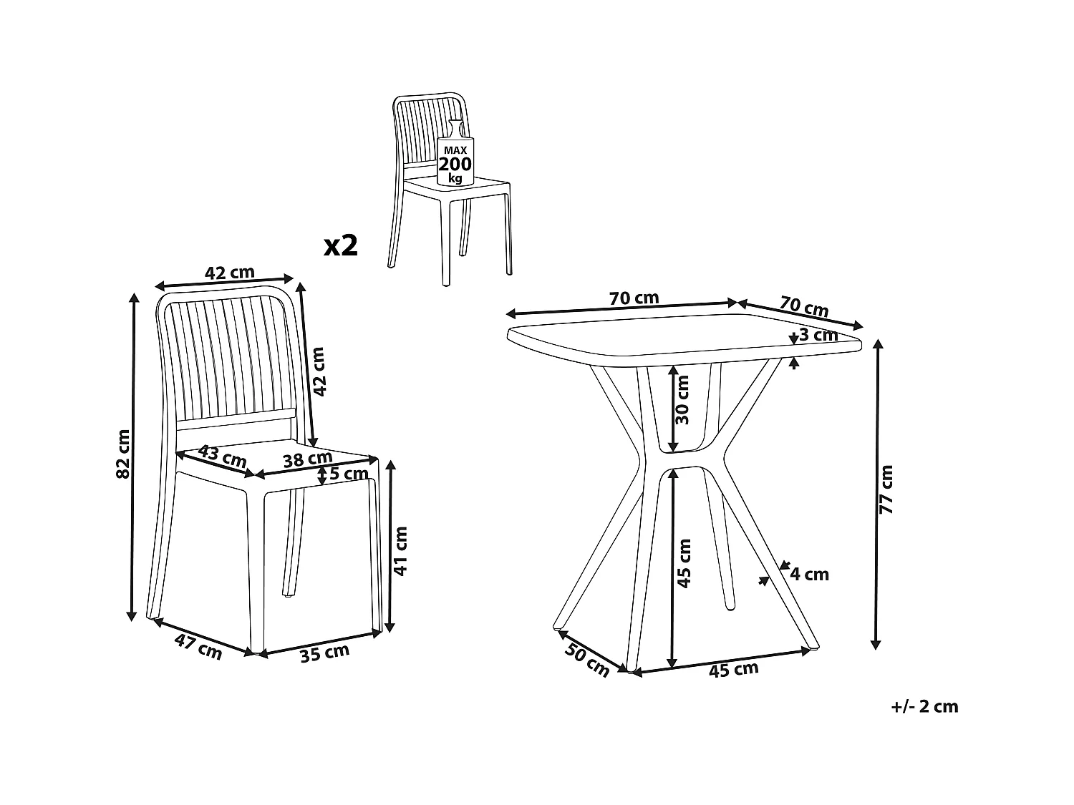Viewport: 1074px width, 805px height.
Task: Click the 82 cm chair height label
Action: [123, 454]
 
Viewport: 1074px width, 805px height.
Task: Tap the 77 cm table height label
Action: [886, 489]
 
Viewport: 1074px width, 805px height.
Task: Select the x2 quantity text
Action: [341, 245]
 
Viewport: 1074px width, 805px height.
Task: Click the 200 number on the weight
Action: [455, 165]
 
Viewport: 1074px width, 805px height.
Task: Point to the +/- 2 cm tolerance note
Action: [924, 706]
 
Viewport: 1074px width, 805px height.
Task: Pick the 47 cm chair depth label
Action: [198, 647]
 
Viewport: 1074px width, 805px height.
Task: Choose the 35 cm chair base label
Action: [324, 653]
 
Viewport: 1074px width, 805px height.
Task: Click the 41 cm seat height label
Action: [400, 551]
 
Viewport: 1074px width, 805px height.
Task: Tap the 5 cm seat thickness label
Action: [349, 473]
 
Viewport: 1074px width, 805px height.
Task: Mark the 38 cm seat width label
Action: [308, 459]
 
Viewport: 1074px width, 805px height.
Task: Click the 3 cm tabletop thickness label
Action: [818, 335]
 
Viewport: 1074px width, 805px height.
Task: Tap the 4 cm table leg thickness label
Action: [810, 575]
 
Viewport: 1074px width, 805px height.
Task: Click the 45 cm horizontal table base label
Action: [733, 670]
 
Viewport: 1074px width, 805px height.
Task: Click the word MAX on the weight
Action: [455, 150]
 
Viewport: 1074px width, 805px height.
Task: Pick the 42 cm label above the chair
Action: [230, 273]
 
